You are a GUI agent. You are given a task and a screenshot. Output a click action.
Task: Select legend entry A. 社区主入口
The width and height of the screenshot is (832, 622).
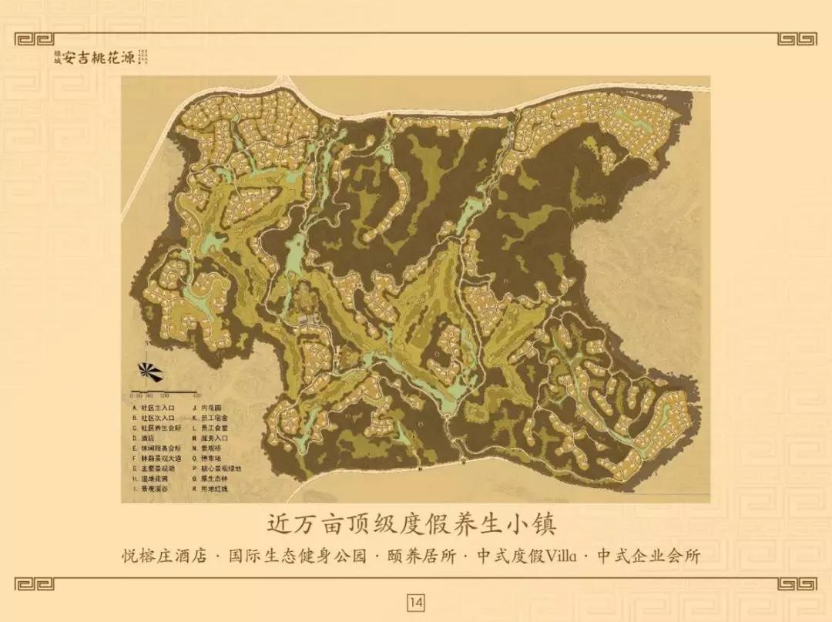click(x=154, y=407)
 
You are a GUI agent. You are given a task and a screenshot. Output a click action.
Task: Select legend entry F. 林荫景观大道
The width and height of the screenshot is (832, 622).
click(x=158, y=458)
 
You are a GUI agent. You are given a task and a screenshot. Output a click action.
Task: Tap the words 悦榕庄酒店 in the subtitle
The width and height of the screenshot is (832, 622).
click(x=164, y=556)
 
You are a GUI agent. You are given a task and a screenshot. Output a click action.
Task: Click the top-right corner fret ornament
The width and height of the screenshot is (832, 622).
click(x=797, y=39)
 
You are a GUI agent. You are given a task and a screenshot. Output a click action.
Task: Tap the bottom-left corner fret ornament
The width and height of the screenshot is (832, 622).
click(x=35, y=584)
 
